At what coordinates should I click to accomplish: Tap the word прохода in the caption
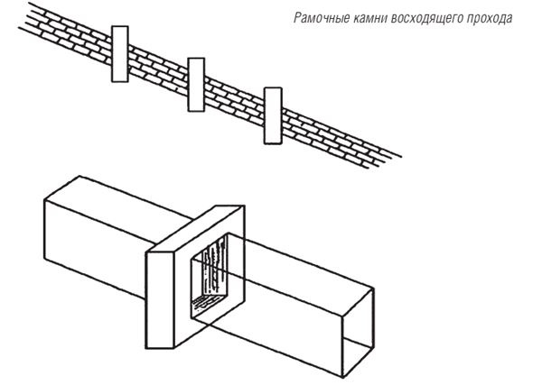490,18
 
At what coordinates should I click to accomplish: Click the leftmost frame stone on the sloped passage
120,54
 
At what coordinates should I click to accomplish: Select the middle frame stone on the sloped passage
196,85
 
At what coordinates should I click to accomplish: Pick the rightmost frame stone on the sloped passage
273,115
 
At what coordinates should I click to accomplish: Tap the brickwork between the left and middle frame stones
158,69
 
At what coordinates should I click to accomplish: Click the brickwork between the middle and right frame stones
234,100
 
